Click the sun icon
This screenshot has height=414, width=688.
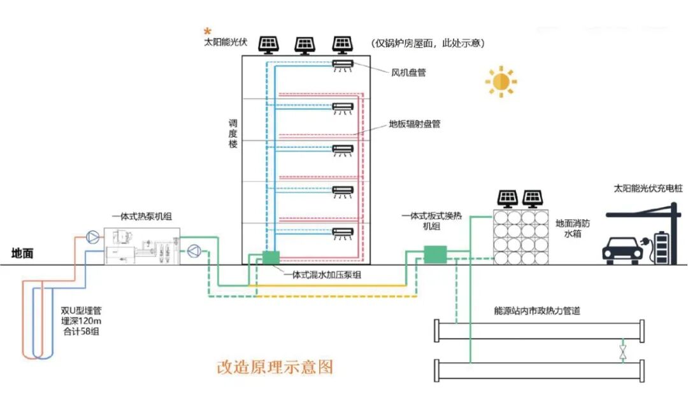coord(501,82)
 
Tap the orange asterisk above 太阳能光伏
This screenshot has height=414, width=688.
coord(207,31)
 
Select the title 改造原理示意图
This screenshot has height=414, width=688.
coord(275,367)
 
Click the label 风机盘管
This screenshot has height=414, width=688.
coord(408,73)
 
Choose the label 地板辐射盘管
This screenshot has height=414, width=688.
coord(415,124)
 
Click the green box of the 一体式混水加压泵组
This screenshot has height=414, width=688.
coord(271,257)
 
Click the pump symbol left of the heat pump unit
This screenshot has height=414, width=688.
coord(93,236)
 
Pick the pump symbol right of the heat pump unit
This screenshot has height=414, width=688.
coord(193,252)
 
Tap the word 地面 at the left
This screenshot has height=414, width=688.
coord(22,253)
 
